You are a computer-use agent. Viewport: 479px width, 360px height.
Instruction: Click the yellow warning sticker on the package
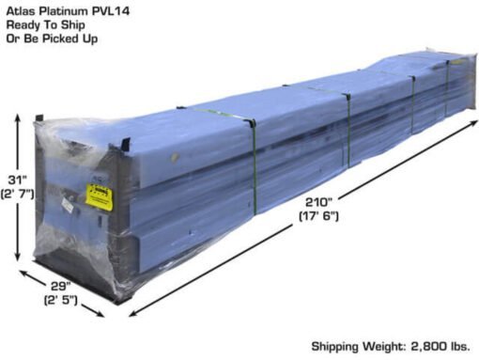coord(99,196)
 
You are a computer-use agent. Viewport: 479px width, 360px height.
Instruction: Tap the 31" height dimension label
coord(18,180)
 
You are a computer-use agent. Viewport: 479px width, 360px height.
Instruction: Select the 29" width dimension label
coord(61,286)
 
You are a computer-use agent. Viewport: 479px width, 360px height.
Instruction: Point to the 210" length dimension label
coord(318,202)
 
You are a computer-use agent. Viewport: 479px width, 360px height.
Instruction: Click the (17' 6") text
coord(318,216)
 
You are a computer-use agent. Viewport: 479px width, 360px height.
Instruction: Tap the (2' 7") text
coord(17,194)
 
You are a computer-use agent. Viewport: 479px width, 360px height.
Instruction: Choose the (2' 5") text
coord(60,300)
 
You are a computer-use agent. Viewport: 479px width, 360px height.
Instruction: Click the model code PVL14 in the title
coord(111,11)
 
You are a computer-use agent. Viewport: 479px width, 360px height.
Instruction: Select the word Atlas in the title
coord(22,11)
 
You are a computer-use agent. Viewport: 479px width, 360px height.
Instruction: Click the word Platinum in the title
coord(64,11)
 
